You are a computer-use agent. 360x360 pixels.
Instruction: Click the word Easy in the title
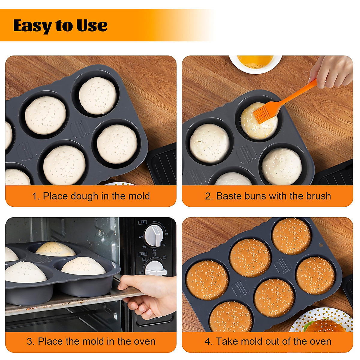click(32, 26)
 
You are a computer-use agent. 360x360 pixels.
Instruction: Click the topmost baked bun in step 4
click(291, 236)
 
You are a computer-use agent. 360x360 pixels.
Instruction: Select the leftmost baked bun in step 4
click(207, 280)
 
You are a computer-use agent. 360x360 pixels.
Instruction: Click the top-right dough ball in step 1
click(97, 95)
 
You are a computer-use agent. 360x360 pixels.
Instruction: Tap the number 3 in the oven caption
click(29, 341)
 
